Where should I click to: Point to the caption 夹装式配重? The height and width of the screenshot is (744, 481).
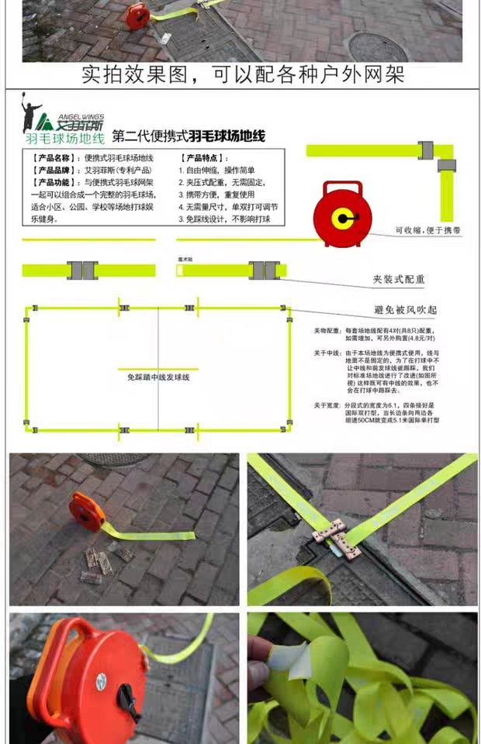pyautogui.click(x=399, y=279)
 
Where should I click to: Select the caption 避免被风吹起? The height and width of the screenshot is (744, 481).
pyautogui.click(x=405, y=310)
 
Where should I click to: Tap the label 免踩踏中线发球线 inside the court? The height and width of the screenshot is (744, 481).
pyautogui.click(x=158, y=377)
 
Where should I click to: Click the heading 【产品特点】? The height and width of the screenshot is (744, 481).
pyautogui.click(x=204, y=158)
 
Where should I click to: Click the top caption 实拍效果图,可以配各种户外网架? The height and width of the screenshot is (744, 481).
pyautogui.click(x=243, y=75)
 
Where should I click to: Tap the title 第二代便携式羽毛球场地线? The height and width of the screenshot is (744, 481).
pyautogui.click(x=189, y=136)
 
